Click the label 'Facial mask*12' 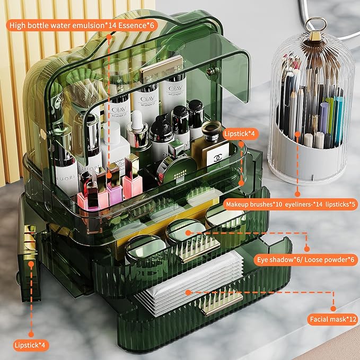click(331, 320)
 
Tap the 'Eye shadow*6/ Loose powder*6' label click(306, 261)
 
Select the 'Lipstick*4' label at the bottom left click(30, 345)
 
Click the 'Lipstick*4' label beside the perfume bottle click(240, 134)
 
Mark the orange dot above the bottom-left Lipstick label click(30, 333)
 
